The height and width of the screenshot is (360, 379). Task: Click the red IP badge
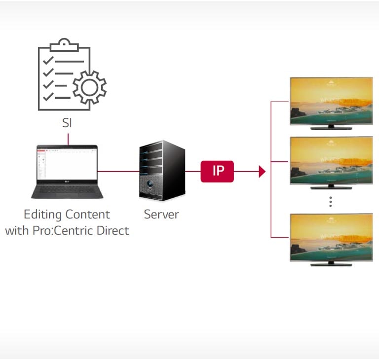pos(217,172)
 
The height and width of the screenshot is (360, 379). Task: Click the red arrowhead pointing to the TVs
pos(262,172)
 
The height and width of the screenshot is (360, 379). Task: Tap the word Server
pos(161,215)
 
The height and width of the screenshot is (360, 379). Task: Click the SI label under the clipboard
pos(67,123)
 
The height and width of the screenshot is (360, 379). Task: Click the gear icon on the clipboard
pos(89,87)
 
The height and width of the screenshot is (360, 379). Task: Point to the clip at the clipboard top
pos(65,44)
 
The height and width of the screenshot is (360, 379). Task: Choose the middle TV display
pos(331,160)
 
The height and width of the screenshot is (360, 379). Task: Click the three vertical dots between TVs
pos(331,201)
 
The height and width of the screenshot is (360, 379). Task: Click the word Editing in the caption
pos(42,215)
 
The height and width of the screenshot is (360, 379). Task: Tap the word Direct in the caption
pos(113,230)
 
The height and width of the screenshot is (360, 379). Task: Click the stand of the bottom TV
pos(331,264)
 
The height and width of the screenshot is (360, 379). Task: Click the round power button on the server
pos(150,186)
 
